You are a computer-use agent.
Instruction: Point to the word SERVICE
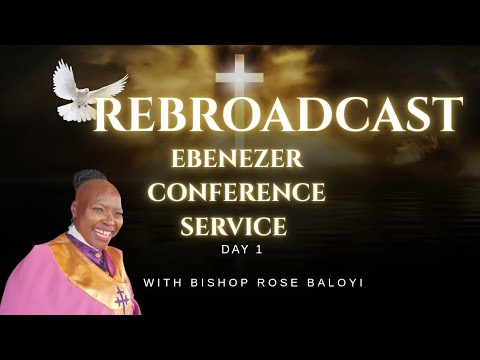coord(233,226)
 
